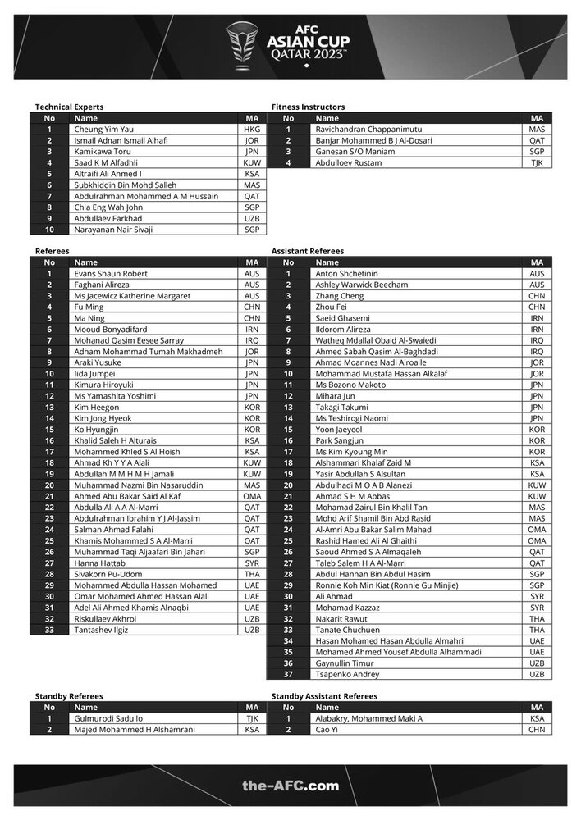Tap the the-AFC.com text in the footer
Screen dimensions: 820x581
pos(290,785)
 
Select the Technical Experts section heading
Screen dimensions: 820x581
pos(69,107)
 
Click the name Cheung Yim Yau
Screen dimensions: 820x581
pos(103,130)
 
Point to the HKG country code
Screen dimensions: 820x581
pos(251,130)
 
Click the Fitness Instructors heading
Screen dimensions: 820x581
pos(308,107)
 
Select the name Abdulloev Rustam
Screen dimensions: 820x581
pos(349,163)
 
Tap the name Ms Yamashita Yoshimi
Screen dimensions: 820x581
pos(116,396)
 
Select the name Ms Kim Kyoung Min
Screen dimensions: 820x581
pos(354,452)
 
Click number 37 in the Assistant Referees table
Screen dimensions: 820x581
pos(287,674)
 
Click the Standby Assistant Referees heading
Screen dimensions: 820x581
pos(324,696)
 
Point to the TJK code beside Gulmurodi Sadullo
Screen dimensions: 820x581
pos(251,718)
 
